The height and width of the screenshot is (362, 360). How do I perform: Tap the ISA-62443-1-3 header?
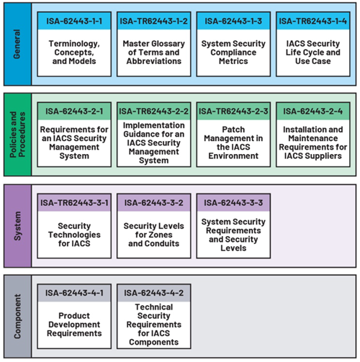click(x=235, y=22)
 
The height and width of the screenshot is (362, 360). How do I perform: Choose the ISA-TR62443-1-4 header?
click(x=314, y=22)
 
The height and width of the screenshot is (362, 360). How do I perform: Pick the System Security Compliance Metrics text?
click(x=235, y=53)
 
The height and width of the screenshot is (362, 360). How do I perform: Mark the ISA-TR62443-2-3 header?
click(x=235, y=112)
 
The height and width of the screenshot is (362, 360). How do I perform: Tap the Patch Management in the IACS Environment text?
click(x=235, y=142)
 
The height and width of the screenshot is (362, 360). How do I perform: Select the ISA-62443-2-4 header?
click(x=314, y=112)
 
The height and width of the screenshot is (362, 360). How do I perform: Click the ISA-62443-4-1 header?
click(x=74, y=292)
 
